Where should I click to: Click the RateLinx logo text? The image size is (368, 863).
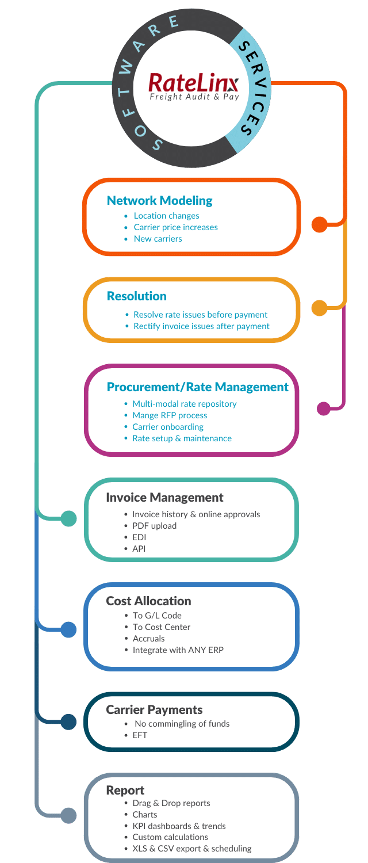194,83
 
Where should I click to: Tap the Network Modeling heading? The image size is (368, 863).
159,201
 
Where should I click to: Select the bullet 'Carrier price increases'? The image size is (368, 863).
175,227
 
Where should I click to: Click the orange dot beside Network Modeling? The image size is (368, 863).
320,224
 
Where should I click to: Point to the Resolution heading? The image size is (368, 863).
137,296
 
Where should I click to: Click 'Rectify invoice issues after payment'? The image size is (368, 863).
201,326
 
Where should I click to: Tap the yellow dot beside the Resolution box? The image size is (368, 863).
320,308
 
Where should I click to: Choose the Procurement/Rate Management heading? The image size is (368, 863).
197,387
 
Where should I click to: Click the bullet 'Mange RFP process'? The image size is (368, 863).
170,415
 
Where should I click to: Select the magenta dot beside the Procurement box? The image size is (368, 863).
324,408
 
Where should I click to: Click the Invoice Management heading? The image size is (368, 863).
164,498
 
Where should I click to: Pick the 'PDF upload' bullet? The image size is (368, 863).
154,526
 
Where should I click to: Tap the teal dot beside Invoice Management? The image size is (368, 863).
69,518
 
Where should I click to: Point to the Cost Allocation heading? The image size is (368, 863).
148,601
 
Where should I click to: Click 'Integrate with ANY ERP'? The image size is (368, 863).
178,650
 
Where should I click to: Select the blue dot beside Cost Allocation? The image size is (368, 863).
69,629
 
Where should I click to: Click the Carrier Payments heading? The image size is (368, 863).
154,709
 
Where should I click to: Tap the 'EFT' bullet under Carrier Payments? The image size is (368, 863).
140,735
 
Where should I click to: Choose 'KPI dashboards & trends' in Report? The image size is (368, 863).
179,826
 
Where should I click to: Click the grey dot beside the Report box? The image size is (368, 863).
69,815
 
